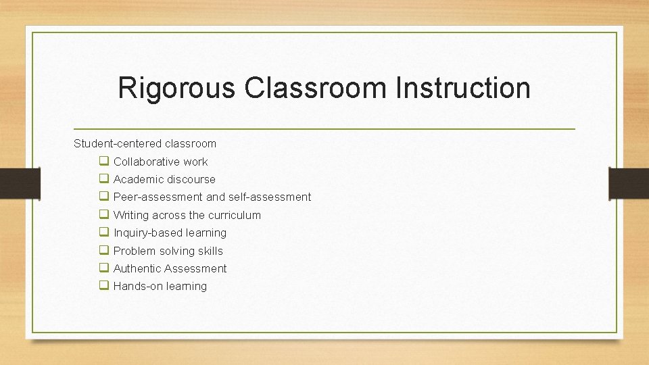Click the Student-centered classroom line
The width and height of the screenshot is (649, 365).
pos(145,143)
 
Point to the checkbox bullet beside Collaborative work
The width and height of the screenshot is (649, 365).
pos(104,161)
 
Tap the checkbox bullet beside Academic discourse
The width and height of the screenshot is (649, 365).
pos(104,178)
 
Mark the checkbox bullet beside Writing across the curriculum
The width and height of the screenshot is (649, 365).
pos(104,214)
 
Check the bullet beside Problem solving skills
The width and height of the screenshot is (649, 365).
pos(104,250)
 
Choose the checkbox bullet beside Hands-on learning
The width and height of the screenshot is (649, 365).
pos(104,285)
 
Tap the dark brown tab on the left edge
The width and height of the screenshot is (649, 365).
pos(12,183)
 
